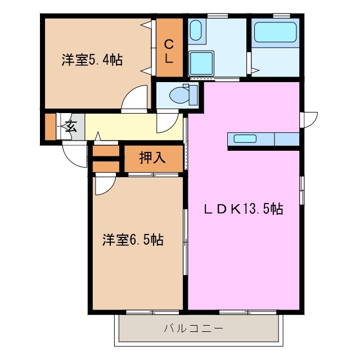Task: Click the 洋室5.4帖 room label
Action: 92,60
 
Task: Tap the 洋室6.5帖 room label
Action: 133,240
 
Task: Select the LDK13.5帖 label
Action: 242,210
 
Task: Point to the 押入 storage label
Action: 152,158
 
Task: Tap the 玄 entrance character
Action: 71,126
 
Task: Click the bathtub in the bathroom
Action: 275,33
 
